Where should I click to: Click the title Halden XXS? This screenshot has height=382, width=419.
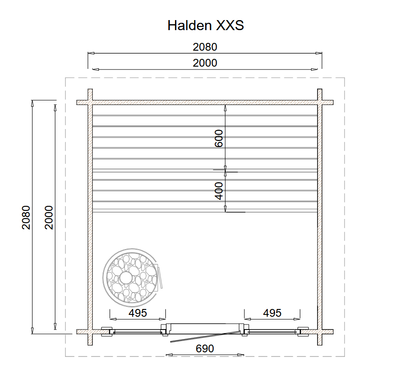tap(206, 26)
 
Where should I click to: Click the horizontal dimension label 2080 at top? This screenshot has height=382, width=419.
tap(205, 47)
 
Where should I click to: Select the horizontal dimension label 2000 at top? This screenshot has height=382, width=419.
tap(205, 63)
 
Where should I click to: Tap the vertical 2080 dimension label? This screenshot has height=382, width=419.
tap(26, 218)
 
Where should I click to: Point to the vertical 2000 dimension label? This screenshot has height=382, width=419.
tap(49, 218)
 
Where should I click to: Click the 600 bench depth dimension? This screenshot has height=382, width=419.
tap(219, 138)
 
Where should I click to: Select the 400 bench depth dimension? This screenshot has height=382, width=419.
tap(219, 191)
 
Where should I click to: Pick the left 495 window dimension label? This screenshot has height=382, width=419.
tap(138, 313)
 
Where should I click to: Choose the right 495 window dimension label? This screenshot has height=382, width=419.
tap(272, 313)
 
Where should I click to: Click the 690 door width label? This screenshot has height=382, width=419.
tap(205, 349)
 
